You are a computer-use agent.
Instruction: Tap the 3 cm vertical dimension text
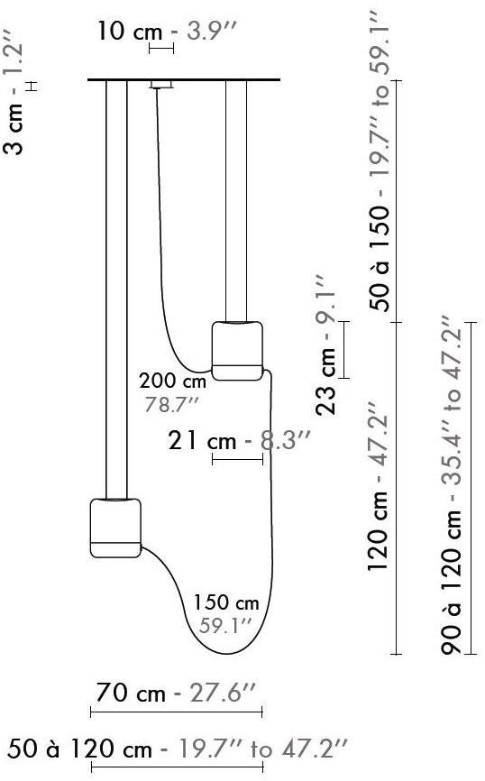coord(15,133)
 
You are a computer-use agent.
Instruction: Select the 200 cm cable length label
coord(173,381)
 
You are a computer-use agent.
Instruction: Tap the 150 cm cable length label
coord(226,602)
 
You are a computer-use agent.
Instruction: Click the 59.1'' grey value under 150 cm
coord(224,624)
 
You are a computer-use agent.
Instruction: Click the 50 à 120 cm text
coord(83,748)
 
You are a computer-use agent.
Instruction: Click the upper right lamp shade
coord(238,348)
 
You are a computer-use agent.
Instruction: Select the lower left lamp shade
coord(115,527)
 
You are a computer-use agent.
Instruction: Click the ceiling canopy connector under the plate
coord(160,86)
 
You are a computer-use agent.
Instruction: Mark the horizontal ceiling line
coord(184,80)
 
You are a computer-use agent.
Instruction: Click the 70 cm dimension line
coord(176,712)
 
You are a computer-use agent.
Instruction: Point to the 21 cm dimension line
coord(237,460)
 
